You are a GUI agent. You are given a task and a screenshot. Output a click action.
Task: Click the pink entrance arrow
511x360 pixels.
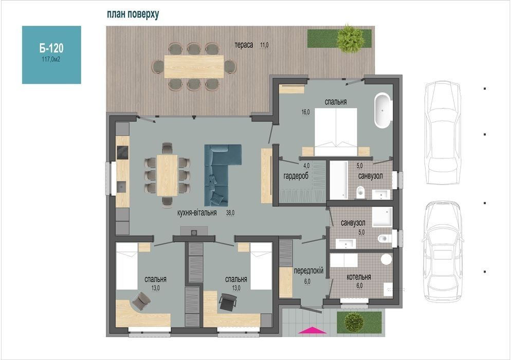[x=312, y=330]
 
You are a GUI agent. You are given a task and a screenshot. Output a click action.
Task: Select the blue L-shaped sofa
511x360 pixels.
[x=219, y=173]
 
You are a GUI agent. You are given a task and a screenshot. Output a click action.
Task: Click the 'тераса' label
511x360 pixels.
[x=244, y=45]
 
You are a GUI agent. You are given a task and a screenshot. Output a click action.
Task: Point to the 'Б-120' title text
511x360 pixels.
[x=51, y=48]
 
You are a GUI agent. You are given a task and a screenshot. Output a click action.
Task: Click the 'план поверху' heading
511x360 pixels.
[x=133, y=14]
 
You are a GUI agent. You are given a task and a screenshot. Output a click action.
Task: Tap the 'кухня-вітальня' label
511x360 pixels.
[x=197, y=213]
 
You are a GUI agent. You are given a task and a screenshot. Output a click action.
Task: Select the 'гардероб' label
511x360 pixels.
[x=296, y=176]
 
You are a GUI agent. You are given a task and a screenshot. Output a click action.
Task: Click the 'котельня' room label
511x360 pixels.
[x=359, y=277]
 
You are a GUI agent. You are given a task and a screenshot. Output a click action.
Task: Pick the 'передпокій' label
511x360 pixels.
[x=308, y=271]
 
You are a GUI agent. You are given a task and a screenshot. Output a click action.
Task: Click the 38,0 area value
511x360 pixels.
[x=230, y=213]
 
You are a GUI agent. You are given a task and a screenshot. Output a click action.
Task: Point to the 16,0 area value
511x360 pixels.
[x=306, y=113]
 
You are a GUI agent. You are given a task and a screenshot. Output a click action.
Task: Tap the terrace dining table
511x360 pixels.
[x=194, y=66]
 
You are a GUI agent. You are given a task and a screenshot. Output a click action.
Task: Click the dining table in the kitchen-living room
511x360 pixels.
[x=167, y=175]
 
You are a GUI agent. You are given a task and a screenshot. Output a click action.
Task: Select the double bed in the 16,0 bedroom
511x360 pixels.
[x=336, y=132]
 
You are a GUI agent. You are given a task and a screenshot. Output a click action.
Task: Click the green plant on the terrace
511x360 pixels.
[x=350, y=39]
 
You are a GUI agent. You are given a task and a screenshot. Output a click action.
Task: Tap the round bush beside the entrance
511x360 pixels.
[x=354, y=322]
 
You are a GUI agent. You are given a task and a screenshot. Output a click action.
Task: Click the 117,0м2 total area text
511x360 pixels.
[x=51, y=59]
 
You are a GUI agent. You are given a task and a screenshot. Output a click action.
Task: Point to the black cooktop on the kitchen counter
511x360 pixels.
[x=122, y=152]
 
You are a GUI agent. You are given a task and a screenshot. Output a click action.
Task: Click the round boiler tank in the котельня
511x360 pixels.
[x=386, y=259]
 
